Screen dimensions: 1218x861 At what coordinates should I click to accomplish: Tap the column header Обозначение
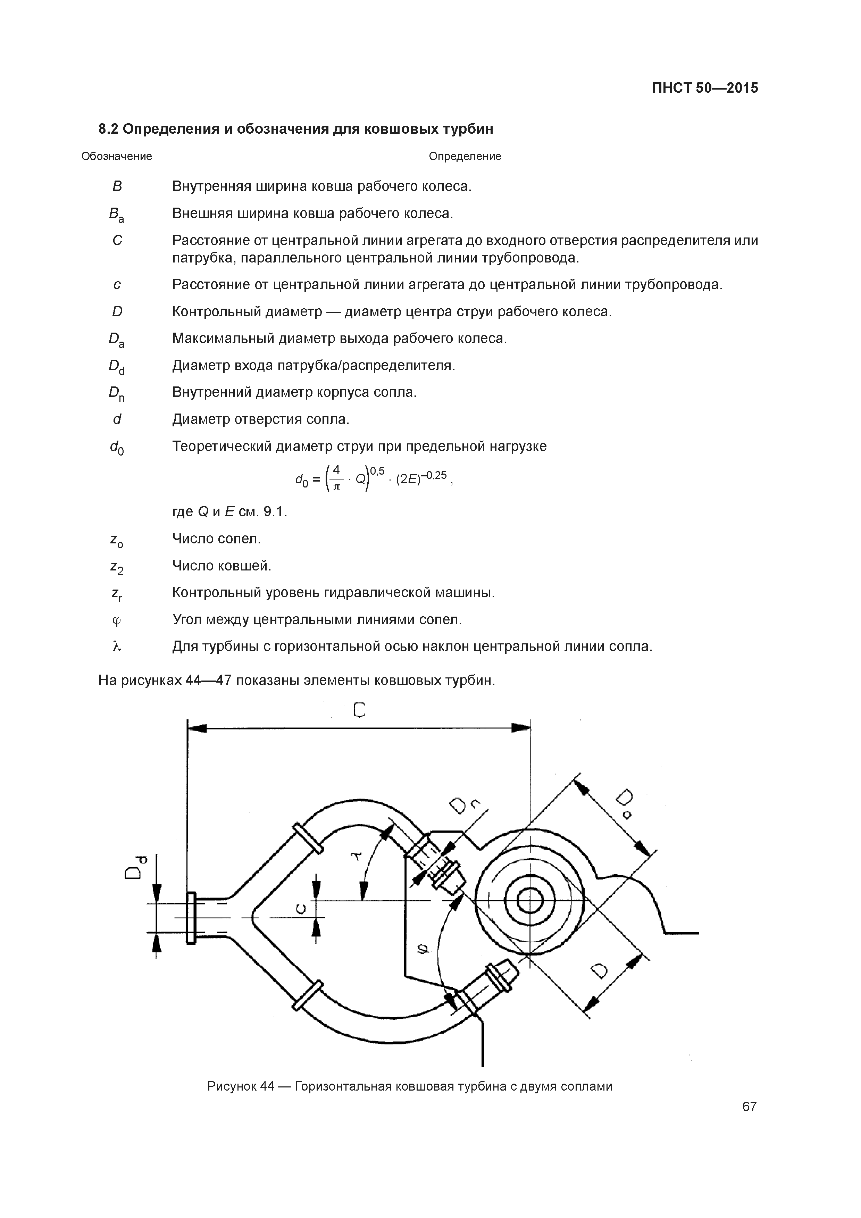pos(117,157)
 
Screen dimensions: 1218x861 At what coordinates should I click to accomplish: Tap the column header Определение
pos(465,157)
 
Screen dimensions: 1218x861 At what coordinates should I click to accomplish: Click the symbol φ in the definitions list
pos(117,620)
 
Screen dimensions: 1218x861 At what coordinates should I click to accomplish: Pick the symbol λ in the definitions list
pos(117,646)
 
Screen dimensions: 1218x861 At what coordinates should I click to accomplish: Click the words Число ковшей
pos(222,566)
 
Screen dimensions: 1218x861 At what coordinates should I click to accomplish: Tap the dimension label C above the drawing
pos(359,710)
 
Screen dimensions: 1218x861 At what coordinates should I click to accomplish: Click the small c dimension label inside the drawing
pos(301,909)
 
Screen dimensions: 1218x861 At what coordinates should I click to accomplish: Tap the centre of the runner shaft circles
pos(529,900)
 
